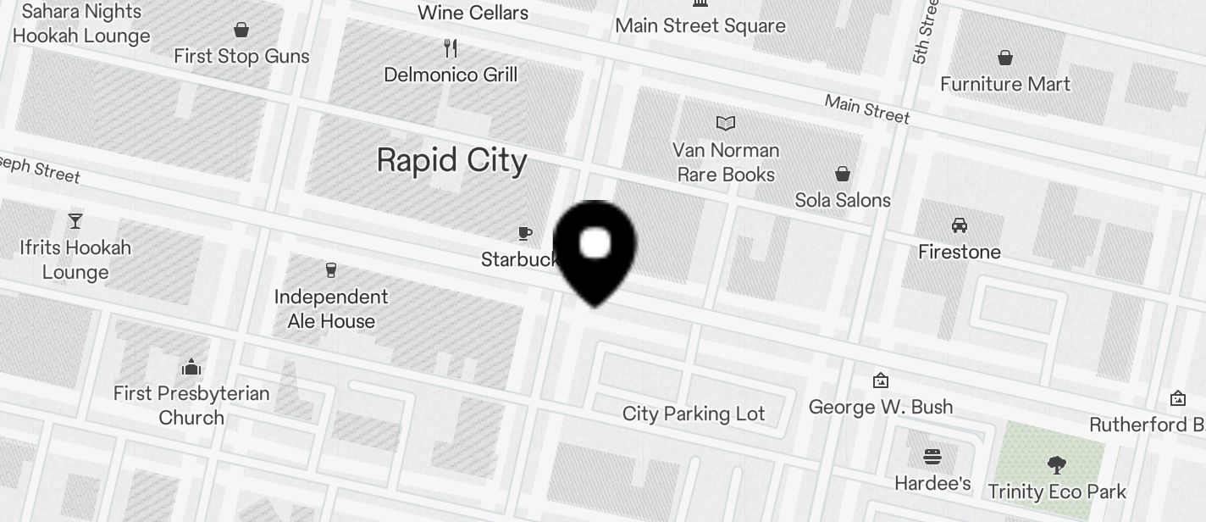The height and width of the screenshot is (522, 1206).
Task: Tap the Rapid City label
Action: [x=451, y=160]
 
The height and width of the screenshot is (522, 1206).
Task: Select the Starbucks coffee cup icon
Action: [x=525, y=233]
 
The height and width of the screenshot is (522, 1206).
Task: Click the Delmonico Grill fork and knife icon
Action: [x=451, y=48]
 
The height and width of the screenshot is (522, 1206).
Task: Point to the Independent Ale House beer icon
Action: [x=331, y=270]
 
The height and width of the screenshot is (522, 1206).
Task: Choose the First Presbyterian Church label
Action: [x=191, y=405]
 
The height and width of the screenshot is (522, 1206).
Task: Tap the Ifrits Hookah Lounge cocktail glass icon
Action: [x=75, y=221]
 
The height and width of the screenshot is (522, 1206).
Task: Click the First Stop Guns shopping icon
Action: [x=241, y=31]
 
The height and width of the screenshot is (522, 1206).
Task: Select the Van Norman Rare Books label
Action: [x=725, y=162]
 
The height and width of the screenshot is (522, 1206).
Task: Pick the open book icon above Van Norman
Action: [x=725, y=124]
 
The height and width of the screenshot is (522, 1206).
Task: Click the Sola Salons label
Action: [x=843, y=200]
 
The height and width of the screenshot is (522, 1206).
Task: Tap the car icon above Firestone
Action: [x=960, y=225]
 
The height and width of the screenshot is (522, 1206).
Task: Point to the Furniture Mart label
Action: [x=1005, y=84]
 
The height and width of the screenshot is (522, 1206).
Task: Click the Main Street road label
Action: [x=867, y=110]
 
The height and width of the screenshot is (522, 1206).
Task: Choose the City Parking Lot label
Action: [x=694, y=414]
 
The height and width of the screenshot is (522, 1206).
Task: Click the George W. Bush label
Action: [x=881, y=407]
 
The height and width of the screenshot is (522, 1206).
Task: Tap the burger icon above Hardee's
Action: [x=932, y=458]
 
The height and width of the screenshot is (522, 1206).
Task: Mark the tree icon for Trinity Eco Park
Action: [x=1056, y=464]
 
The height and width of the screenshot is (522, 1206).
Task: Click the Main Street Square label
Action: [x=700, y=25]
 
